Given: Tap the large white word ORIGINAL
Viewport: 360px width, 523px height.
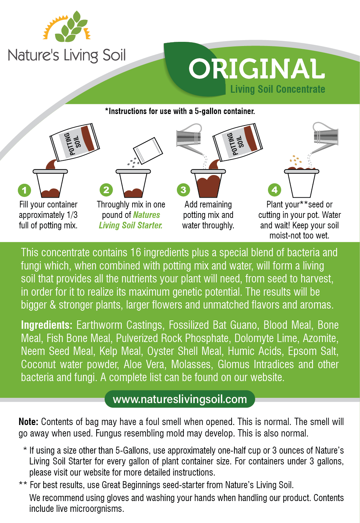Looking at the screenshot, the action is click(256, 69).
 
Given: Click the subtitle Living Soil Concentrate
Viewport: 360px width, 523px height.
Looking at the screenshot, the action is click(278, 89).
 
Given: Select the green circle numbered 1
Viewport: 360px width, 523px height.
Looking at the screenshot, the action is click(24, 190).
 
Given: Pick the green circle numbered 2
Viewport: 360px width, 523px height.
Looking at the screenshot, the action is click(106, 190).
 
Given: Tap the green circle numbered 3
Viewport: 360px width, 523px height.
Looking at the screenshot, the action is click(183, 190).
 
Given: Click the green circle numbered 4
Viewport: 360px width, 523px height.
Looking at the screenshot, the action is click(275, 190).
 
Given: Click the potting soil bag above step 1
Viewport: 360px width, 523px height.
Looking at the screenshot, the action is click(75, 142).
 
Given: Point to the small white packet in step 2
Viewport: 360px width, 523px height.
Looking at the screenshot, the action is click(148, 151).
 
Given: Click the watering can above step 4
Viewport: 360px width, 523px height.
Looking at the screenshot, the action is click(325, 137).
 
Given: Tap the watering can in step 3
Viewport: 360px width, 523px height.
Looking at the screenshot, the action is click(189, 138).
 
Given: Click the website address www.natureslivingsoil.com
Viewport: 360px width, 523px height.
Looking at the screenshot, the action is click(180, 399).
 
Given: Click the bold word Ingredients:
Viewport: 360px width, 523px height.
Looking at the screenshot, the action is click(46, 325).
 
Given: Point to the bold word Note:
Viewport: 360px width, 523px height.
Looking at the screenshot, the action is click(28, 422).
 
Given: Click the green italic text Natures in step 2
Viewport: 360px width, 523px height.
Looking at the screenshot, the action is click(147, 215).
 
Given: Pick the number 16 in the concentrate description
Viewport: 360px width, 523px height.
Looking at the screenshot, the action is click(136, 252).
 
